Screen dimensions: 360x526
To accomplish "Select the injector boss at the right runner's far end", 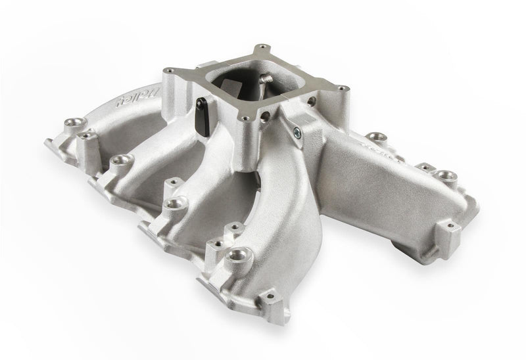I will click(x=446, y=176).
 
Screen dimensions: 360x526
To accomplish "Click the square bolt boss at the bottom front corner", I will click(x=266, y=300).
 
